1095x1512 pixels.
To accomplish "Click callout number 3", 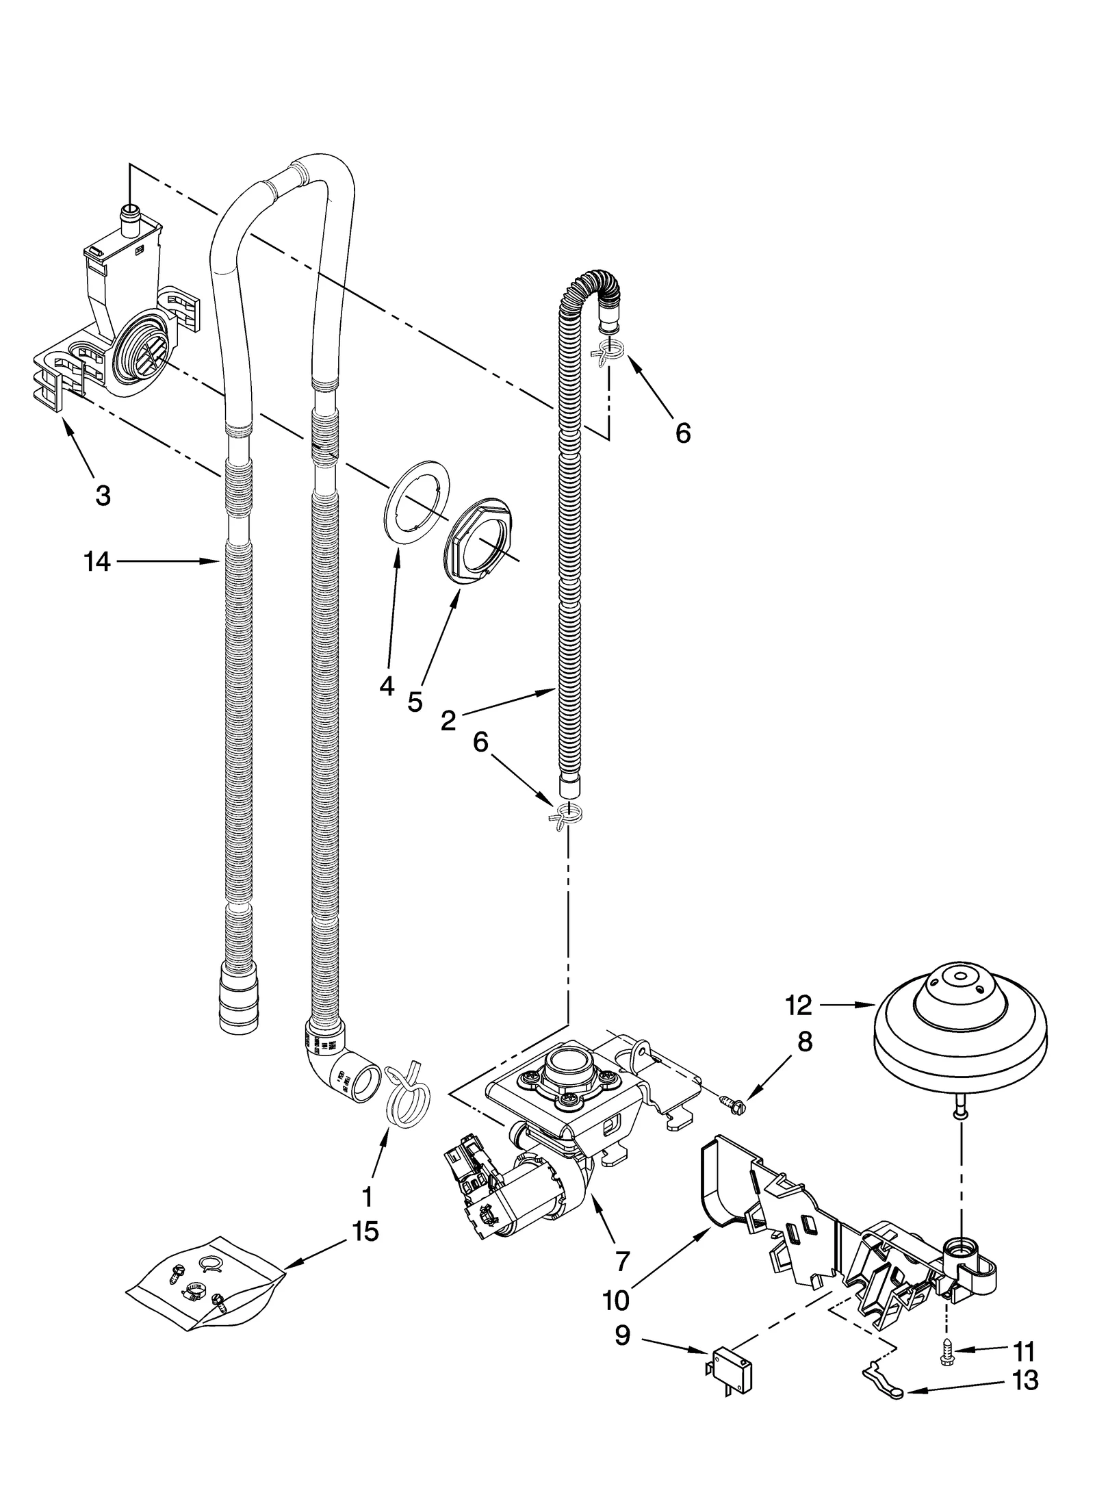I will coord(103,496).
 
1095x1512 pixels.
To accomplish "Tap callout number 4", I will coord(387,686).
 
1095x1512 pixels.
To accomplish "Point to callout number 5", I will coord(415,702).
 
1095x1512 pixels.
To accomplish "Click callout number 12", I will coord(799,1005).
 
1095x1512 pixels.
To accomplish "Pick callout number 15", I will coord(365,1232).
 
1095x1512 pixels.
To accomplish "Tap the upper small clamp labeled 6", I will coord(608,351).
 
